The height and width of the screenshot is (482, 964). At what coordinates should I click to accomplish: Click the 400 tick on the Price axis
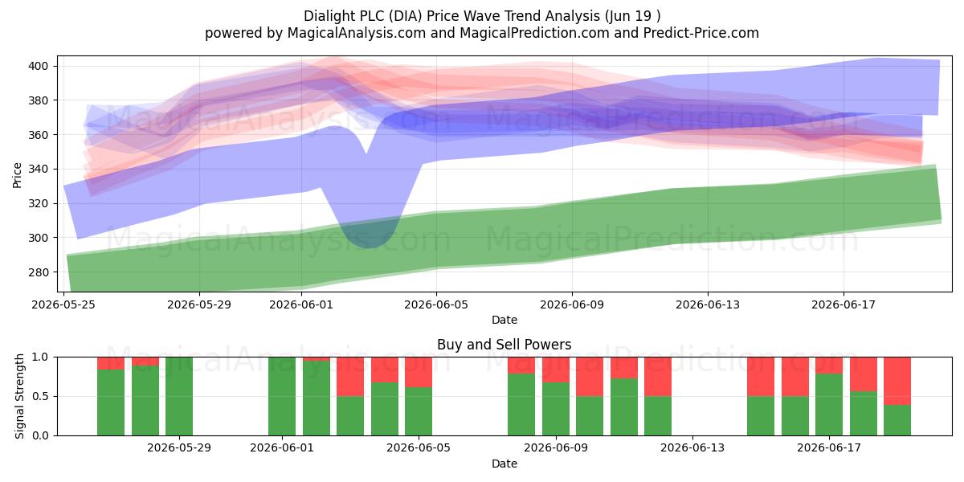[38, 66]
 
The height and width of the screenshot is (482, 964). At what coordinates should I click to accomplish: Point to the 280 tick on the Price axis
[38, 272]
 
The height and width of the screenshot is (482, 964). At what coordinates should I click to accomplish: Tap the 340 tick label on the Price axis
[38, 170]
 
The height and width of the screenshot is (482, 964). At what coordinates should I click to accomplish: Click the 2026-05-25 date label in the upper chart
[63, 304]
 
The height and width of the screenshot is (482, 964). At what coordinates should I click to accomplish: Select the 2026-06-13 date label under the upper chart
[708, 304]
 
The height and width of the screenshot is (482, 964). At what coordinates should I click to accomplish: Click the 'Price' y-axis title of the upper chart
[17, 175]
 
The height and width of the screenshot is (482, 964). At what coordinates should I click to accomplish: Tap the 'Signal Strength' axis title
[19, 396]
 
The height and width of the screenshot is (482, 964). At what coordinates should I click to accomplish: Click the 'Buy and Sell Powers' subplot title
[504, 345]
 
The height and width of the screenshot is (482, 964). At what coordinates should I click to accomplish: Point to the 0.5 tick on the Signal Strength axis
[40, 396]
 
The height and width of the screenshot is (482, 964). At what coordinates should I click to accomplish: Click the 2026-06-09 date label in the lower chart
[556, 448]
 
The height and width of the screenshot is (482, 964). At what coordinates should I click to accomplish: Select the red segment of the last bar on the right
[897, 381]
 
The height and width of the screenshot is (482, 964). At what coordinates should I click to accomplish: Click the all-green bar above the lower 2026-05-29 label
[179, 396]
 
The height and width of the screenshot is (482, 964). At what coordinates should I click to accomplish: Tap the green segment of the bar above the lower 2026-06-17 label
[829, 405]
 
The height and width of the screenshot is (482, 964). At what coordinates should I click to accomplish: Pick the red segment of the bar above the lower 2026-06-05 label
[419, 372]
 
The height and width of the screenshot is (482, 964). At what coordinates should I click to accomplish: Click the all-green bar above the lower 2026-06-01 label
[282, 396]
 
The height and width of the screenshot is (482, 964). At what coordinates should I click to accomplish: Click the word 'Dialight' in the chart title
[329, 16]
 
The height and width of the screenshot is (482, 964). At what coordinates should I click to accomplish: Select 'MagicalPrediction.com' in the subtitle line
[534, 33]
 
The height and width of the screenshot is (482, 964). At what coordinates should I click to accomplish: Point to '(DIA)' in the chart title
[406, 16]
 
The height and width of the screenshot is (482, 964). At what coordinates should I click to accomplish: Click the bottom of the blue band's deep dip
[367, 247]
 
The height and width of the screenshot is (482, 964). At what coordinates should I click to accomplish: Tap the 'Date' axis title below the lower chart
[504, 464]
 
